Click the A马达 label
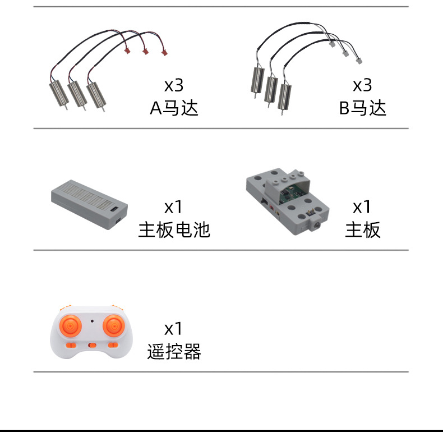[174, 108]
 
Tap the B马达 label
[362, 108]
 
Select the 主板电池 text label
[174, 229]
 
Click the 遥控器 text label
[174, 351]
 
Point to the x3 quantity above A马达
[174, 85]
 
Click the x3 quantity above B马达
[362, 85]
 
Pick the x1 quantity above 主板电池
[173, 206]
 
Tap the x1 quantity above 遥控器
[173, 329]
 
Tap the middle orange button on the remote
[92, 345]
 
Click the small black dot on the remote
[92, 321]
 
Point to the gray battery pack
[89, 204]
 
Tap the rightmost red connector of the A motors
[164, 53]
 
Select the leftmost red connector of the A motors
[127, 50]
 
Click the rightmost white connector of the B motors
[359, 61]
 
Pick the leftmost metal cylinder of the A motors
[59, 93]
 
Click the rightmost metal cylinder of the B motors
[284, 96]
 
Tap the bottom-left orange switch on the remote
[71, 345]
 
